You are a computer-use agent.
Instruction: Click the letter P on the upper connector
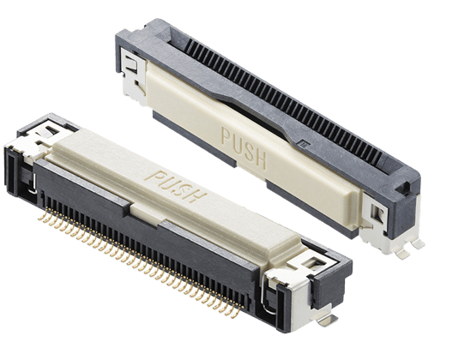(226, 136)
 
